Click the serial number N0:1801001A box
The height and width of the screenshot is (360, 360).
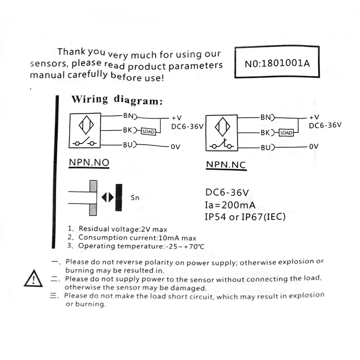coord(277,62)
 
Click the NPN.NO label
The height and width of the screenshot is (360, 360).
coord(89,163)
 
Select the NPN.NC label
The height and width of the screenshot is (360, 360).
coord(226,165)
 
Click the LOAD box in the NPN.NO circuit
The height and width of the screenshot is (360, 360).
coord(149,131)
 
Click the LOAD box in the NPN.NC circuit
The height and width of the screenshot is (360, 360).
coord(286,132)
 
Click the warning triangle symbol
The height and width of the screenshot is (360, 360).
coord(33,278)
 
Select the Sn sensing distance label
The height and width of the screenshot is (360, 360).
coord(134,197)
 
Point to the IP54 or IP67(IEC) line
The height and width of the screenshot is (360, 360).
coord(245,217)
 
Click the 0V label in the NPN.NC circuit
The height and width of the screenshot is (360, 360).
coord(314,146)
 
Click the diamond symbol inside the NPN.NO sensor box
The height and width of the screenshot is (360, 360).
coord(84,126)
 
